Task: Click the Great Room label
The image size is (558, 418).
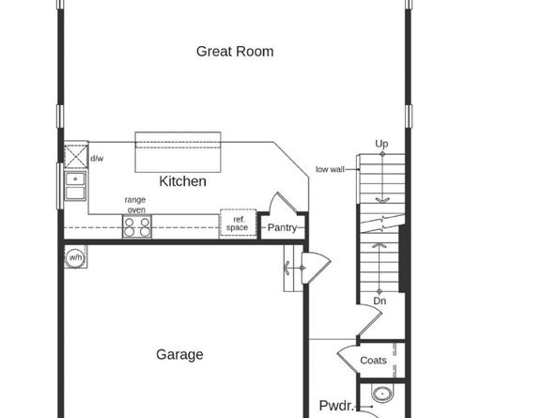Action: [x=235, y=51]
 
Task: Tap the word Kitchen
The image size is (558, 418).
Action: [x=182, y=180]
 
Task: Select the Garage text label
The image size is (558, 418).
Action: [x=179, y=354]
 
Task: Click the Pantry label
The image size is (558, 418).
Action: [x=282, y=227]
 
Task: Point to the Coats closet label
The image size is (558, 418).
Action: [x=373, y=360]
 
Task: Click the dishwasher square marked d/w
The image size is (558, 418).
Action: [x=76, y=154]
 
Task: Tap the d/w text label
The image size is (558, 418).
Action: [x=97, y=158]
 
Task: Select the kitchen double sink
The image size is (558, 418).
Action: [x=74, y=186]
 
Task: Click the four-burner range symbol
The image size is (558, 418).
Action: [x=135, y=225]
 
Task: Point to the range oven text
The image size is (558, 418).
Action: [x=135, y=205]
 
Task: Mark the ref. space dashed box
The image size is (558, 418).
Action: [x=238, y=224]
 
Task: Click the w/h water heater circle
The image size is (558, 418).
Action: [x=75, y=256]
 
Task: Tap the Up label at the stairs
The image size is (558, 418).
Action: [x=381, y=144]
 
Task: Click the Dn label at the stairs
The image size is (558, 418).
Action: [x=380, y=301]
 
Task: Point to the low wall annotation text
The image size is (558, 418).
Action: [x=329, y=170]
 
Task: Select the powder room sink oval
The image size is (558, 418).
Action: [x=380, y=395]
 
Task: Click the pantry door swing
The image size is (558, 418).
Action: [x=282, y=207]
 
